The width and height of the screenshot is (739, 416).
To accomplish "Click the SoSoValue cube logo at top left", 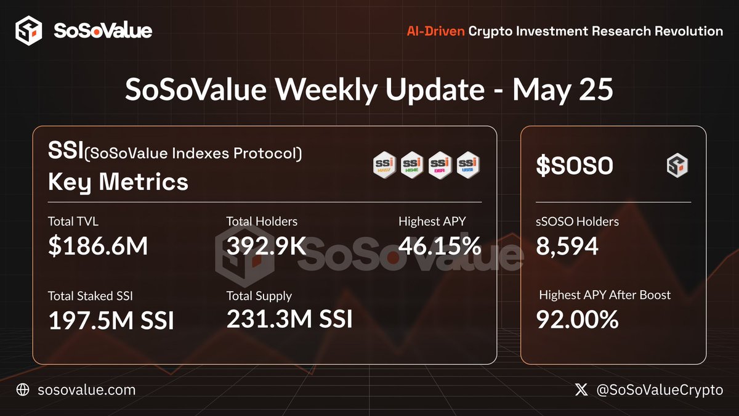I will pyautogui.click(x=28, y=31).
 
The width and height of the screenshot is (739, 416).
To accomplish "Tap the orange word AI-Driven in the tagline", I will pyautogui.click(x=435, y=31).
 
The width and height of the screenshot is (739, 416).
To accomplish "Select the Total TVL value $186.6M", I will pyautogui.click(x=98, y=247).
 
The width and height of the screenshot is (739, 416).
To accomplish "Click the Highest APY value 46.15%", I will pyautogui.click(x=440, y=247).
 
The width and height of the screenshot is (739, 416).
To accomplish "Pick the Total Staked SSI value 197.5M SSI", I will pyautogui.click(x=111, y=320).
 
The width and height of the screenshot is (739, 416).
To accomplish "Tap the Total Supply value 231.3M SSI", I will pyautogui.click(x=289, y=319).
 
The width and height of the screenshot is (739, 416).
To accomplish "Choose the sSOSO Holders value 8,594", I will pyautogui.click(x=567, y=247).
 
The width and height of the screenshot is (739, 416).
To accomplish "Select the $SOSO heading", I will pyautogui.click(x=574, y=166).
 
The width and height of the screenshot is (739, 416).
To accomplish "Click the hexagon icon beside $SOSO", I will pyautogui.click(x=677, y=166).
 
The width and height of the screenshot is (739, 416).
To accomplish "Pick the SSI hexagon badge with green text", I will pyautogui.click(x=413, y=165).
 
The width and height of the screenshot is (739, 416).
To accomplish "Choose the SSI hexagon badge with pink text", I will pyautogui.click(x=440, y=165).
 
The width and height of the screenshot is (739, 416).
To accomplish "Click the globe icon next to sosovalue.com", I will pyautogui.click(x=23, y=389).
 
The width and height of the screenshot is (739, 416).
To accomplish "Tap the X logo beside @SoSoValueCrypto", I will pyautogui.click(x=581, y=389).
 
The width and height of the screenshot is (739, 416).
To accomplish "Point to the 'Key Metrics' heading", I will pyautogui.click(x=118, y=182).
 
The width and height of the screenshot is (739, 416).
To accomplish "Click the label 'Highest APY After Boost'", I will pyautogui.click(x=605, y=295).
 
